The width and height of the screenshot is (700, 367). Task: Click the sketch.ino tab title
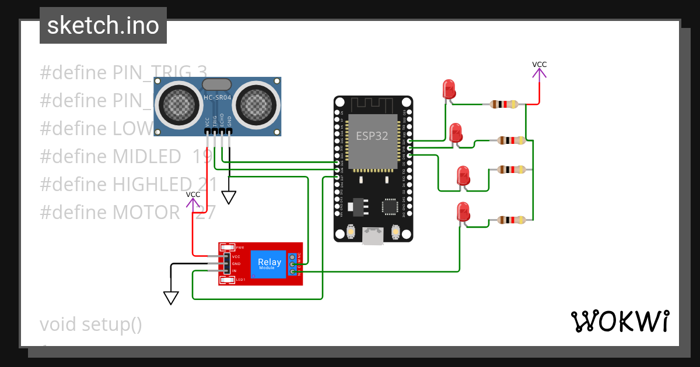tap(103, 26)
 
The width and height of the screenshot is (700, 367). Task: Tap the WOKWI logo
tap(619, 322)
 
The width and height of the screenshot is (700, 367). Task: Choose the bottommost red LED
tap(463, 211)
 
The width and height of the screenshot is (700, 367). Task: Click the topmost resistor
tap(504, 104)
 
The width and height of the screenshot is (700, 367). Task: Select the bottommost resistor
tap(511, 220)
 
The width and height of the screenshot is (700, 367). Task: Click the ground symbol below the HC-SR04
tap(229, 197)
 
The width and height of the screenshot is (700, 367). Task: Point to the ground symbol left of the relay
tap(170, 298)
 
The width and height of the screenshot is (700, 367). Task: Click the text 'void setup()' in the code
tap(91, 324)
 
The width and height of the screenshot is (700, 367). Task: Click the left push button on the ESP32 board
tap(352, 232)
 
